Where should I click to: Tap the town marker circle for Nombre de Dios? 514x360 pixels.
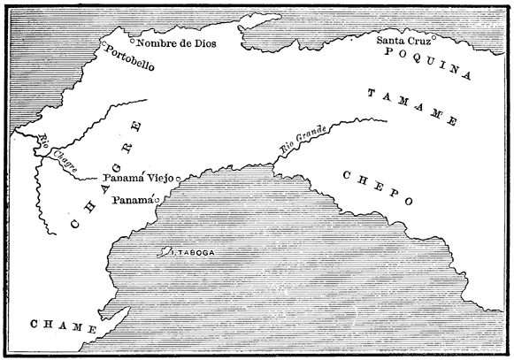(x=133, y=41)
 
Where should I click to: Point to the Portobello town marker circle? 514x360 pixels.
(x=104, y=44)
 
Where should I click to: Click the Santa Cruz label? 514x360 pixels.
(x=403, y=41)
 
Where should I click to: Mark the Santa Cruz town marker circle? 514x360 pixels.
(x=433, y=37)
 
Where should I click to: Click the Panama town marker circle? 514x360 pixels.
(x=157, y=201)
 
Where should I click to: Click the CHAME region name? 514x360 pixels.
(x=62, y=327)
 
